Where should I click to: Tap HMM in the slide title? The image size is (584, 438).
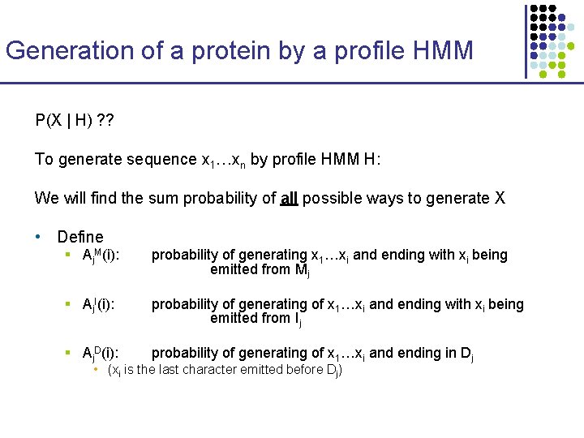pos(442,50)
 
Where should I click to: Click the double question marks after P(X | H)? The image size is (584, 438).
pos(105,121)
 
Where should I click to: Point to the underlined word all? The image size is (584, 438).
pos(289,198)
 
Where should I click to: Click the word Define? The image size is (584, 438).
pos(80,237)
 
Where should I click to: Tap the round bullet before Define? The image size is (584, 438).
pos(38,237)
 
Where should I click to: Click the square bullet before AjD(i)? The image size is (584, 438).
pos(70,353)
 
